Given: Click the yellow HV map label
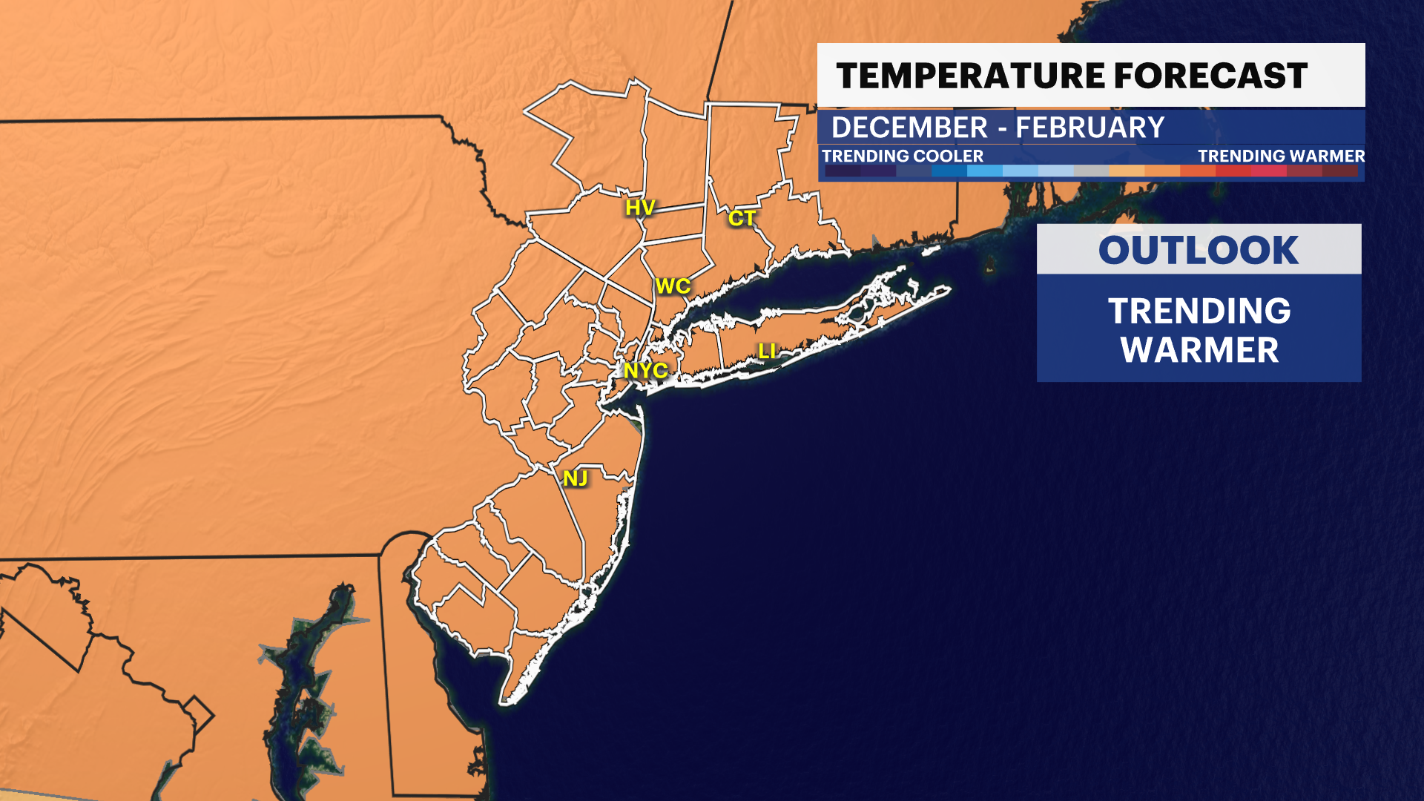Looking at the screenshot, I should (639, 208).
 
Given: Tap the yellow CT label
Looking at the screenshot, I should (742, 218).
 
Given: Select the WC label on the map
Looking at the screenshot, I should (673, 286).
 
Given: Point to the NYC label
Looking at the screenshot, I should (645, 370).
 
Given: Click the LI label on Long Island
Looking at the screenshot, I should (767, 352).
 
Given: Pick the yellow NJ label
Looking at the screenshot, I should (576, 478).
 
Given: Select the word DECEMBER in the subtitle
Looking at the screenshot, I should (909, 128).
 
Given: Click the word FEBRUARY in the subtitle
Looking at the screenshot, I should (1090, 128).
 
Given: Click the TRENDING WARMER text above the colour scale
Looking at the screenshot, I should (1281, 156).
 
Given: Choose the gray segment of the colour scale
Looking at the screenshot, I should (1091, 171).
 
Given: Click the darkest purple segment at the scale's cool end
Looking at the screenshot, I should (843, 171).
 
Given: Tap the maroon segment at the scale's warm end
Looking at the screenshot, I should (1339, 171).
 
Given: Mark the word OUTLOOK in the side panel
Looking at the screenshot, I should (1199, 250).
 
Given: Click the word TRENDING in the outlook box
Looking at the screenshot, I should (1199, 311).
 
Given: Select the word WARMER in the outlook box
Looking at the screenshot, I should (1199, 350).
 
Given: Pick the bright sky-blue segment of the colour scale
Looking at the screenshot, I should (984, 171).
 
